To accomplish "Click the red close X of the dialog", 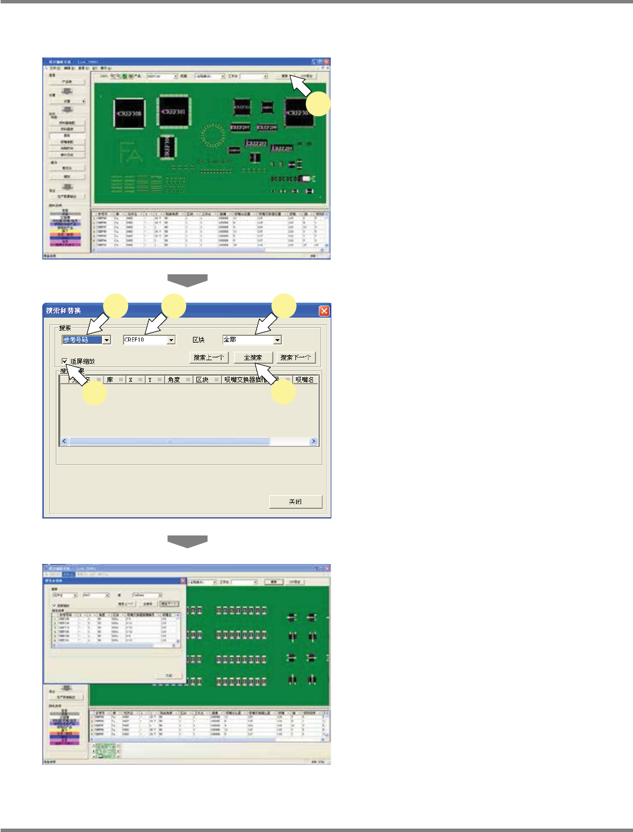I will click(x=324, y=311).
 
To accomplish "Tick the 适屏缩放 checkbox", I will click(x=65, y=361).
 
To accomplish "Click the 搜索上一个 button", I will click(x=209, y=357).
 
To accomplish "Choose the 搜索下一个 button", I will click(x=295, y=357).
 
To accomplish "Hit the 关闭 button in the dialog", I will click(x=295, y=501).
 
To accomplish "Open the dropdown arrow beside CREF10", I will click(x=171, y=340).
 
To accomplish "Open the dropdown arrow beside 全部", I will click(x=277, y=340).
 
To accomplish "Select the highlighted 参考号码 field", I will click(x=82, y=340).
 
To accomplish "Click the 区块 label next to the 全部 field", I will click(x=199, y=340).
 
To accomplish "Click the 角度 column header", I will click(x=174, y=380).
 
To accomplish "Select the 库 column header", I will click(x=110, y=380).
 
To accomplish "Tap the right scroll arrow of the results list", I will click(x=313, y=441).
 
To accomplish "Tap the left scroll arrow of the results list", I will click(x=64, y=441).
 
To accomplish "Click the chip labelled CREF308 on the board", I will click(x=129, y=114).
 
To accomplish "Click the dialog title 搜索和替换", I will click(x=64, y=311).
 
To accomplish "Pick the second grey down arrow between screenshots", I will click(x=187, y=541).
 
